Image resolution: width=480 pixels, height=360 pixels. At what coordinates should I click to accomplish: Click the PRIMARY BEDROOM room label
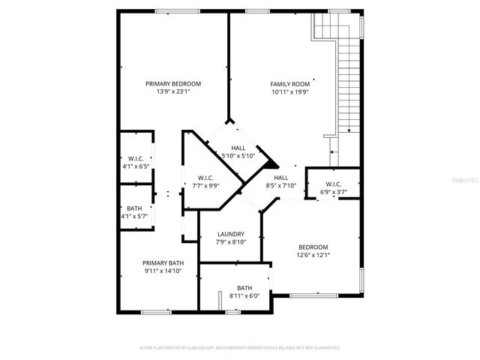coord(173,84)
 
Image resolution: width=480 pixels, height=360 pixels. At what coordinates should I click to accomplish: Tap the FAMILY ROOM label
coord(289,84)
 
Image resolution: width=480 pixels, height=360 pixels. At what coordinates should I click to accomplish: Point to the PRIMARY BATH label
coord(163,262)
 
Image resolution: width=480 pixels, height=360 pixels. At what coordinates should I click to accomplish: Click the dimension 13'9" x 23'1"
coord(173,92)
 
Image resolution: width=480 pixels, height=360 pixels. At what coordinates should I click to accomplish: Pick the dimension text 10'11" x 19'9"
coord(289,92)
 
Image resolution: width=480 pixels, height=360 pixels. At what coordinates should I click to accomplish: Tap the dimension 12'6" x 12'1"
coord(313,255)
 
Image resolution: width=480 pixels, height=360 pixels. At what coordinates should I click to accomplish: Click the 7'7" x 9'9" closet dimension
coord(206,185)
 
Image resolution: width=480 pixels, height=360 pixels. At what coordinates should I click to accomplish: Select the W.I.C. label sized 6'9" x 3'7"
coord(334,184)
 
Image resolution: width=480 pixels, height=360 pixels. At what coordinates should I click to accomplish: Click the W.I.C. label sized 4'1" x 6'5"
coord(136,158)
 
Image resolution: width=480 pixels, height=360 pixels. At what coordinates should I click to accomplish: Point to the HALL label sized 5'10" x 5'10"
coord(238,148)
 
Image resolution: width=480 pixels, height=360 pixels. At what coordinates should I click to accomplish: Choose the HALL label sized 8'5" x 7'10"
coord(281,178)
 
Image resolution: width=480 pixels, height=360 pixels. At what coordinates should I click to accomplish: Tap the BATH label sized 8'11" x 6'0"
coord(244,288)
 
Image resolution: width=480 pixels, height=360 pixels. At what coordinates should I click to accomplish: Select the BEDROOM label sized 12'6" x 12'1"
coord(313,247)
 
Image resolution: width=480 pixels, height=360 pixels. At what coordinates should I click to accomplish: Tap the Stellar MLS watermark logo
coord(463,181)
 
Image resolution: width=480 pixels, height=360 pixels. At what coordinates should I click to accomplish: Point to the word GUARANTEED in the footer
coord(324,348)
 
